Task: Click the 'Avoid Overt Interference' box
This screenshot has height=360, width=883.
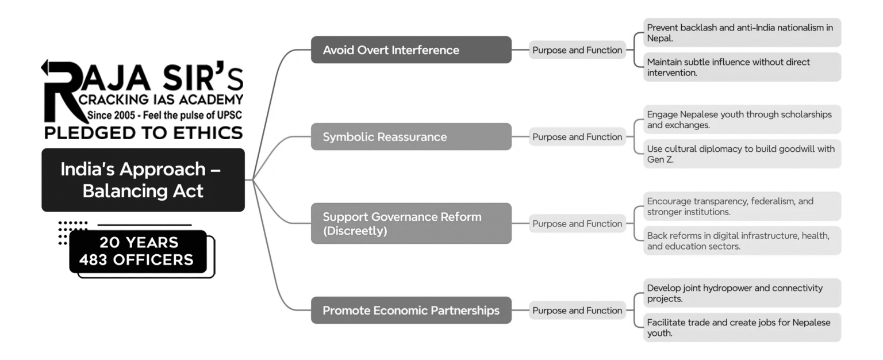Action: (x=411, y=50)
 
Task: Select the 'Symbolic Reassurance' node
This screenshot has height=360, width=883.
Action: (x=411, y=137)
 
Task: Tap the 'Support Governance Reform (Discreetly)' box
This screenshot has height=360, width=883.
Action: (x=411, y=224)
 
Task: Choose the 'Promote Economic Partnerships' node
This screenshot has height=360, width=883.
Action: (x=411, y=311)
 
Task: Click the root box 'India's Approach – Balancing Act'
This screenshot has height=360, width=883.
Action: (x=143, y=179)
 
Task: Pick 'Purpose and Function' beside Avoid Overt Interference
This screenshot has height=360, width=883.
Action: (x=577, y=50)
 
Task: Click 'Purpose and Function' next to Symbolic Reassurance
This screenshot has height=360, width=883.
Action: (x=577, y=137)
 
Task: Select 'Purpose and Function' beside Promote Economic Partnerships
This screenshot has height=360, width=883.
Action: (x=577, y=311)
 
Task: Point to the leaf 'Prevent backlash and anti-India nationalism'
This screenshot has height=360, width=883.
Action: (x=742, y=33)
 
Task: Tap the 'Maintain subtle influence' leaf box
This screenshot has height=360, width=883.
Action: (x=742, y=67)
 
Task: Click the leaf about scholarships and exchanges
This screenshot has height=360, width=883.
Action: (x=742, y=120)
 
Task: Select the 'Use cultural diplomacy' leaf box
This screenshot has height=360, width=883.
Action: (x=742, y=154)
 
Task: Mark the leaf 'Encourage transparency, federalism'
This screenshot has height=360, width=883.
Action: (x=742, y=206)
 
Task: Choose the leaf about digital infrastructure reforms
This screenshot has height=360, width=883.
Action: (x=742, y=241)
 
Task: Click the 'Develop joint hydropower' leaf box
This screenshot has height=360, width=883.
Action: (x=742, y=293)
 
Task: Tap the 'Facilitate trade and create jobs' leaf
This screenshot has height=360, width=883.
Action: (x=742, y=328)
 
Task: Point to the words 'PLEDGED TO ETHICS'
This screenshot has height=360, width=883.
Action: (x=143, y=133)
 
